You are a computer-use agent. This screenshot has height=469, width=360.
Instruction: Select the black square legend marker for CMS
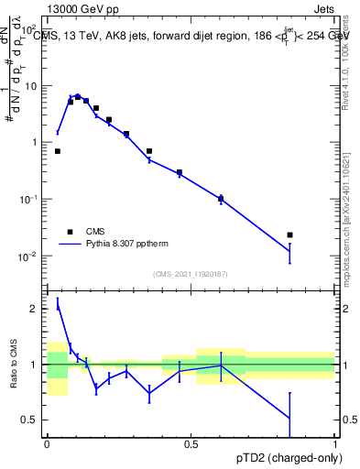[x=68, y=232]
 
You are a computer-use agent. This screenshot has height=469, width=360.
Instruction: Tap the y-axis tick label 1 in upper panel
[x=36, y=142]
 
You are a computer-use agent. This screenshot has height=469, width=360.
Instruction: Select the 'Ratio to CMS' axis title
[x=13, y=364]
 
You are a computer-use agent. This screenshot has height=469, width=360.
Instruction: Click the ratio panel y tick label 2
[x=35, y=309]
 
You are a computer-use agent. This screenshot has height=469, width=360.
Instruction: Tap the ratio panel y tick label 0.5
[x=31, y=420]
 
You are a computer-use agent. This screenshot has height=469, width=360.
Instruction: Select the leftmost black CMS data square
[x=58, y=151]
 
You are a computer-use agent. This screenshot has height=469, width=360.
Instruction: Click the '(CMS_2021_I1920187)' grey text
[x=191, y=273]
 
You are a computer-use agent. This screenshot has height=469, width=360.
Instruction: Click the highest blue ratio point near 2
[x=58, y=308]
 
